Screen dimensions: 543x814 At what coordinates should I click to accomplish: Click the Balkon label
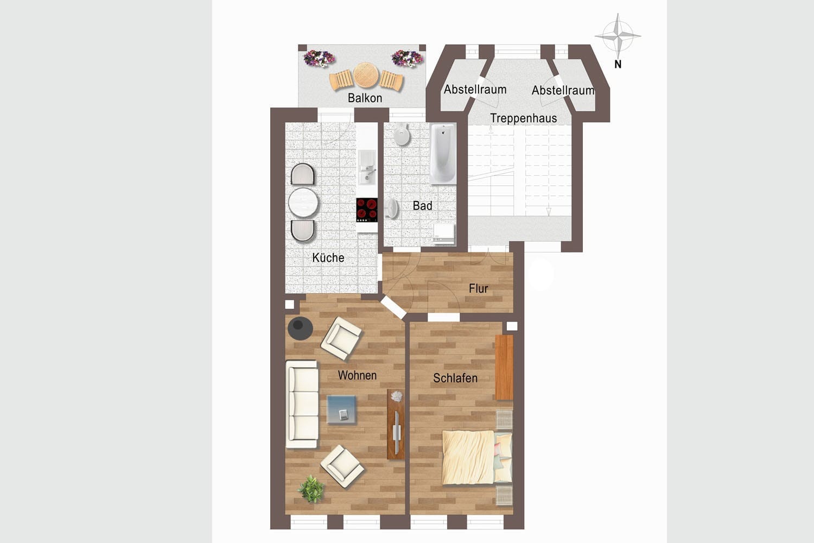coord(365,98)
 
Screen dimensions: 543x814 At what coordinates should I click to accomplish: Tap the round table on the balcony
coord(365,75)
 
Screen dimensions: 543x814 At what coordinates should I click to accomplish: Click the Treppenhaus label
coord(523,118)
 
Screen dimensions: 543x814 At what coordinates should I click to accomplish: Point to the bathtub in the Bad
coord(443,154)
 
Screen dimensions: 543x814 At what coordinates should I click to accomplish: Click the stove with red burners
coord(367,210)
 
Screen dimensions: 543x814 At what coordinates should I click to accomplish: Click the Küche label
coord(328,257)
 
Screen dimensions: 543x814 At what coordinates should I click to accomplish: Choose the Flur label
coord(478,289)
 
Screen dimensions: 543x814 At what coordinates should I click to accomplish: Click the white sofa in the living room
coord(302,404)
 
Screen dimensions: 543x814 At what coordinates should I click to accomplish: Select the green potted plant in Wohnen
coord(311,488)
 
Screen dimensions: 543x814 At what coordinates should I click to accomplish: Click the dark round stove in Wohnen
coord(300,328)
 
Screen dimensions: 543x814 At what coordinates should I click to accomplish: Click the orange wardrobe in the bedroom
coord(504,367)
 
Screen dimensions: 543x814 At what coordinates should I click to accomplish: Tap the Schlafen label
coord(455,378)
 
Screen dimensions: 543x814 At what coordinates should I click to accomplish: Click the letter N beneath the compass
coord(618,64)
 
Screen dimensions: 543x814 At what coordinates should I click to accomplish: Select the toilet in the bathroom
coord(401,134)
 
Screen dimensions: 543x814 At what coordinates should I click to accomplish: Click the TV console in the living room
coord(396,424)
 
